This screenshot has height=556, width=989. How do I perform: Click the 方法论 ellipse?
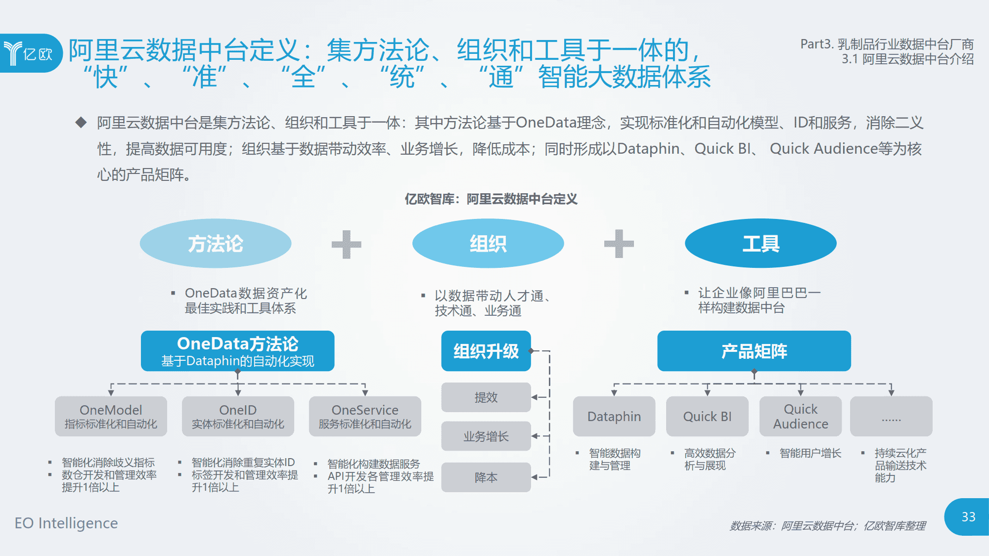pos(216,244)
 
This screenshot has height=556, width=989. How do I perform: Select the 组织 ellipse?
pos(488,244)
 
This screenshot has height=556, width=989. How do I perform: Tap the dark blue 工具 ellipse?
pos(761,244)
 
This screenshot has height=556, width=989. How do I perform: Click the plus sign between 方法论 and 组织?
pos(346,244)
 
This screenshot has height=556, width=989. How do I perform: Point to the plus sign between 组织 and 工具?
pos(619,244)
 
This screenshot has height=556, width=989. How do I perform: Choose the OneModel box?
pos(111,416)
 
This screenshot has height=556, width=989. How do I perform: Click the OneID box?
pos(238,416)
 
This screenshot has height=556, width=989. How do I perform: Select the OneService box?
pos(365,416)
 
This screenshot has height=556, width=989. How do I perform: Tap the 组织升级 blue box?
pos(486,351)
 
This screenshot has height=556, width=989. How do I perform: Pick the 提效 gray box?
pos(486,397)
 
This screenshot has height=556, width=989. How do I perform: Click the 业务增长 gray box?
pos(486,436)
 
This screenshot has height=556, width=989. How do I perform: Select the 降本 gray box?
pos(486,477)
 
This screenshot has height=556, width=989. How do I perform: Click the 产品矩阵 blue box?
pos(754,351)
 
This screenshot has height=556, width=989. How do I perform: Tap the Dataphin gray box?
pos(614,416)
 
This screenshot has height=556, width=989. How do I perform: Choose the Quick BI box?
pos(707,416)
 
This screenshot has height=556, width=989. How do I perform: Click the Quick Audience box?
pos(800,416)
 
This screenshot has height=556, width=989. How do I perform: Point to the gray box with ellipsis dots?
pos(891,416)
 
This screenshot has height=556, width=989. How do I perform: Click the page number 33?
pos(968,517)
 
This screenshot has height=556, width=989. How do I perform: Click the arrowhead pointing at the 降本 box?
pos(535,477)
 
